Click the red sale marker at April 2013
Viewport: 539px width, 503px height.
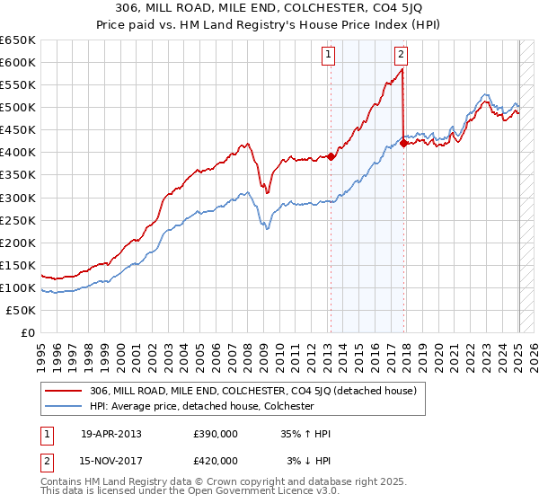331,156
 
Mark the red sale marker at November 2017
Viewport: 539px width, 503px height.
403,143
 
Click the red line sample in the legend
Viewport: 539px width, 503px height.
63,391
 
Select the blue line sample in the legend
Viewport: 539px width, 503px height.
63,406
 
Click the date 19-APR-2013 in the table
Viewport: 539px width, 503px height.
111,433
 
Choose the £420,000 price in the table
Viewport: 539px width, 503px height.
216,462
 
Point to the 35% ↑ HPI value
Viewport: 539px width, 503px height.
306,433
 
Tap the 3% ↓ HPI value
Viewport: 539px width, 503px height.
309,462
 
